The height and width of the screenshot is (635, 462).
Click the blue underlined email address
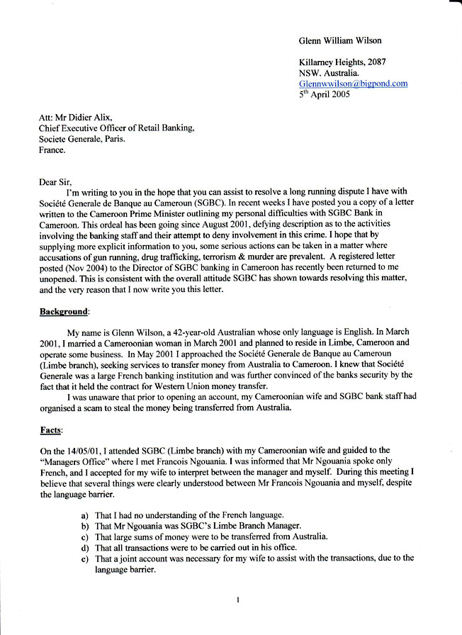point(353,83)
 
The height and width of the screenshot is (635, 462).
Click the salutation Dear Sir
point(57,182)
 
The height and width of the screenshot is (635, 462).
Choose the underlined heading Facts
point(52,429)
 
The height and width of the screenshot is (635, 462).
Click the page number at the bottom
point(238,600)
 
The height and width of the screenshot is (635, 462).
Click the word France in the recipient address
point(52,150)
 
